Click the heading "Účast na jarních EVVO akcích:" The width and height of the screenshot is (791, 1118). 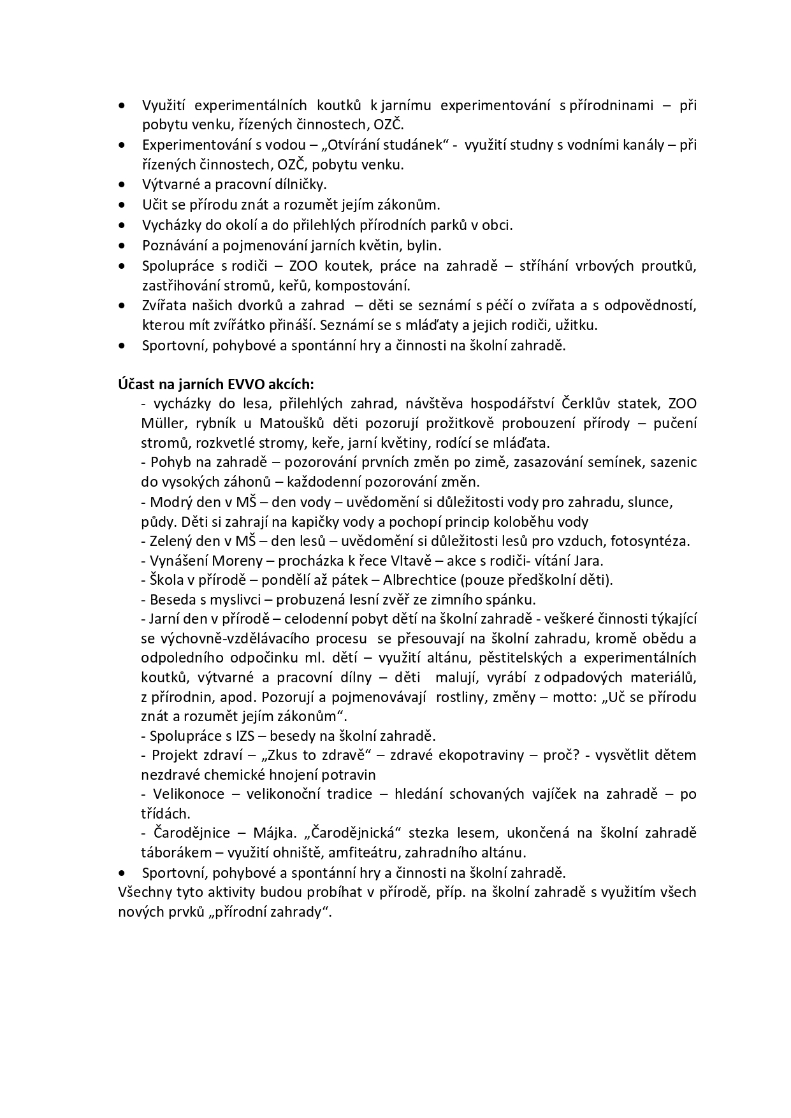[215, 384]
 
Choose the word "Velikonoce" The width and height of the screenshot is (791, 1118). [189, 794]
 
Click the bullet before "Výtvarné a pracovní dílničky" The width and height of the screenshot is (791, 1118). [122, 185]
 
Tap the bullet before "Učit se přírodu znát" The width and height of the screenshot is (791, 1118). [122, 205]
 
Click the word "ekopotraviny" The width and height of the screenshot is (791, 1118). [479, 755]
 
